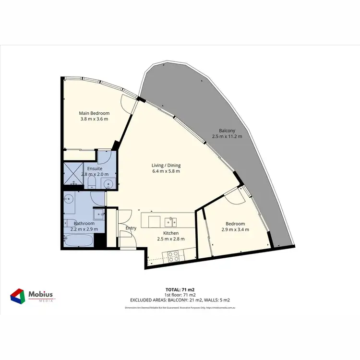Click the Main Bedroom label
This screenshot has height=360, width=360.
pyautogui.click(x=94, y=113)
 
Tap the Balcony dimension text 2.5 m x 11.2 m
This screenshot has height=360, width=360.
pyautogui.click(x=227, y=136)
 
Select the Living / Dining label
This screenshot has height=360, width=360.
pyautogui.click(x=166, y=166)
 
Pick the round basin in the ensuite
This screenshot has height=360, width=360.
pyautogui.click(x=109, y=183)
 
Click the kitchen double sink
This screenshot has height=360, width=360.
pyautogui.click(x=170, y=222)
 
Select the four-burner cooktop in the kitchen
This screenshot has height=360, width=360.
pyautogui.click(x=173, y=255)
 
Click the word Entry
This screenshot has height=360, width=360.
pyautogui.click(x=131, y=228)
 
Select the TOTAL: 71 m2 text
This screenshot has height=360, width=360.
pyautogui.click(x=180, y=289)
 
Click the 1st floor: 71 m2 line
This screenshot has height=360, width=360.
pyautogui.click(x=180, y=295)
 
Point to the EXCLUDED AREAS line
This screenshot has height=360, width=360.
pyautogui.click(x=180, y=300)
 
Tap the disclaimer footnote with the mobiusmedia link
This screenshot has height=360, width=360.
pyautogui.click(x=180, y=307)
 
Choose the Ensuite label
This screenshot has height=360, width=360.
pyautogui.click(x=94, y=168)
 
